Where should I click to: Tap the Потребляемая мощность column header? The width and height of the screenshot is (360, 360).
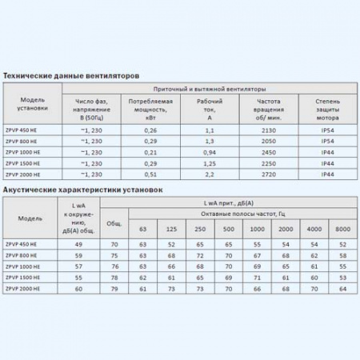pyautogui.click(x=150, y=108)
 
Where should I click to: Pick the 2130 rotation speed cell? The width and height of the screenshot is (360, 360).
pyautogui.click(x=269, y=130)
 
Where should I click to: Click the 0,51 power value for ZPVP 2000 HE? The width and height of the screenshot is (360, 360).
pyautogui.click(x=150, y=174)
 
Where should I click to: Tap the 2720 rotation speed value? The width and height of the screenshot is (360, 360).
pyautogui.click(x=269, y=174)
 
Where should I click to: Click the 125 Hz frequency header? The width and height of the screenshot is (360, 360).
pyautogui.click(x=170, y=230)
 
